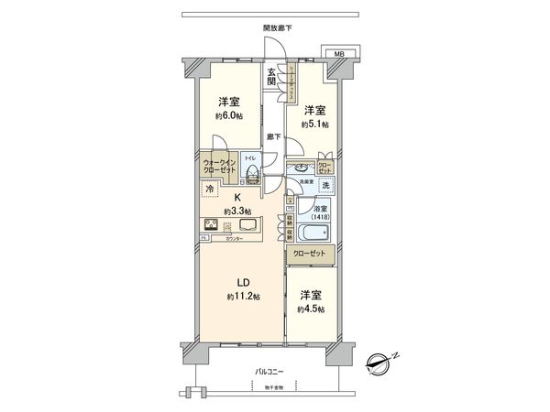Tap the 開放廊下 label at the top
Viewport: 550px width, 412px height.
pyautogui.click(x=274, y=28)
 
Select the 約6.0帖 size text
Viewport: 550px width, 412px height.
pyautogui.click(x=228, y=116)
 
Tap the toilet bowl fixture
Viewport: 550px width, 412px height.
pyautogui.click(x=252, y=175)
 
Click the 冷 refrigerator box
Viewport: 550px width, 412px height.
pyautogui.click(x=210, y=190)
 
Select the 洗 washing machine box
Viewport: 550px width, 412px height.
pyautogui.click(x=324, y=187)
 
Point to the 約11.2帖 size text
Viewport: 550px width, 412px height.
pyautogui.click(x=240, y=298)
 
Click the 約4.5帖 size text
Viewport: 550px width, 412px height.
pyautogui.click(x=310, y=310)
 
